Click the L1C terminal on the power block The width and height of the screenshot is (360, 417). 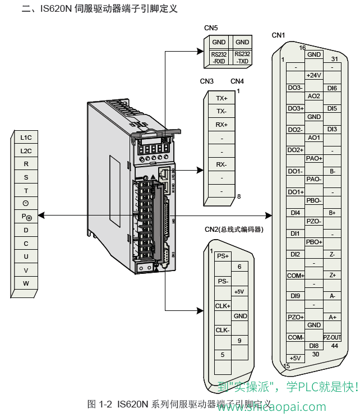tap(26, 138)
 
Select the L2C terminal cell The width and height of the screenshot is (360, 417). tap(26, 151)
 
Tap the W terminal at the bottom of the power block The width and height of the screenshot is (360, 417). tap(26, 283)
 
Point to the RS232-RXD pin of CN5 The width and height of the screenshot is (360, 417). tap(219, 57)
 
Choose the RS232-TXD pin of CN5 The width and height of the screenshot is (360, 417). tap(242, 57)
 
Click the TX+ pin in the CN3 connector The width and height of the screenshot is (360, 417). tap(221, 98)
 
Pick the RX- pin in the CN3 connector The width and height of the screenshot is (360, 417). tap(221, 164)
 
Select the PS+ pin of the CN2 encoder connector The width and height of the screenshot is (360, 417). tap(223, 256)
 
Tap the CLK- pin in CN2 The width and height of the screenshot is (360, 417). tap(223, 330)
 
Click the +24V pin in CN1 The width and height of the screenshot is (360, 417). tap(314, 75)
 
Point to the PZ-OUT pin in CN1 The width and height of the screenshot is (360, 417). tap(332, 337)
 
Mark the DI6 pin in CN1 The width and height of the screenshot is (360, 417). tap(332, 88)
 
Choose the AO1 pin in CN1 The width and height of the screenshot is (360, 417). tap(314, 138)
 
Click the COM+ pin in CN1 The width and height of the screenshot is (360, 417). tap(296, 276)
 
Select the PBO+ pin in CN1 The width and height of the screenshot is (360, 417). tap(314, 242)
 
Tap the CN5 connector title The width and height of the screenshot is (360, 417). tap(211, 28)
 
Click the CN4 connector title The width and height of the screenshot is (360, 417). tap(237, 81)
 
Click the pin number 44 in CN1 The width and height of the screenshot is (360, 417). tap(335, 346)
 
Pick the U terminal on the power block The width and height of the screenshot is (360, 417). tap(26, 256)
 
